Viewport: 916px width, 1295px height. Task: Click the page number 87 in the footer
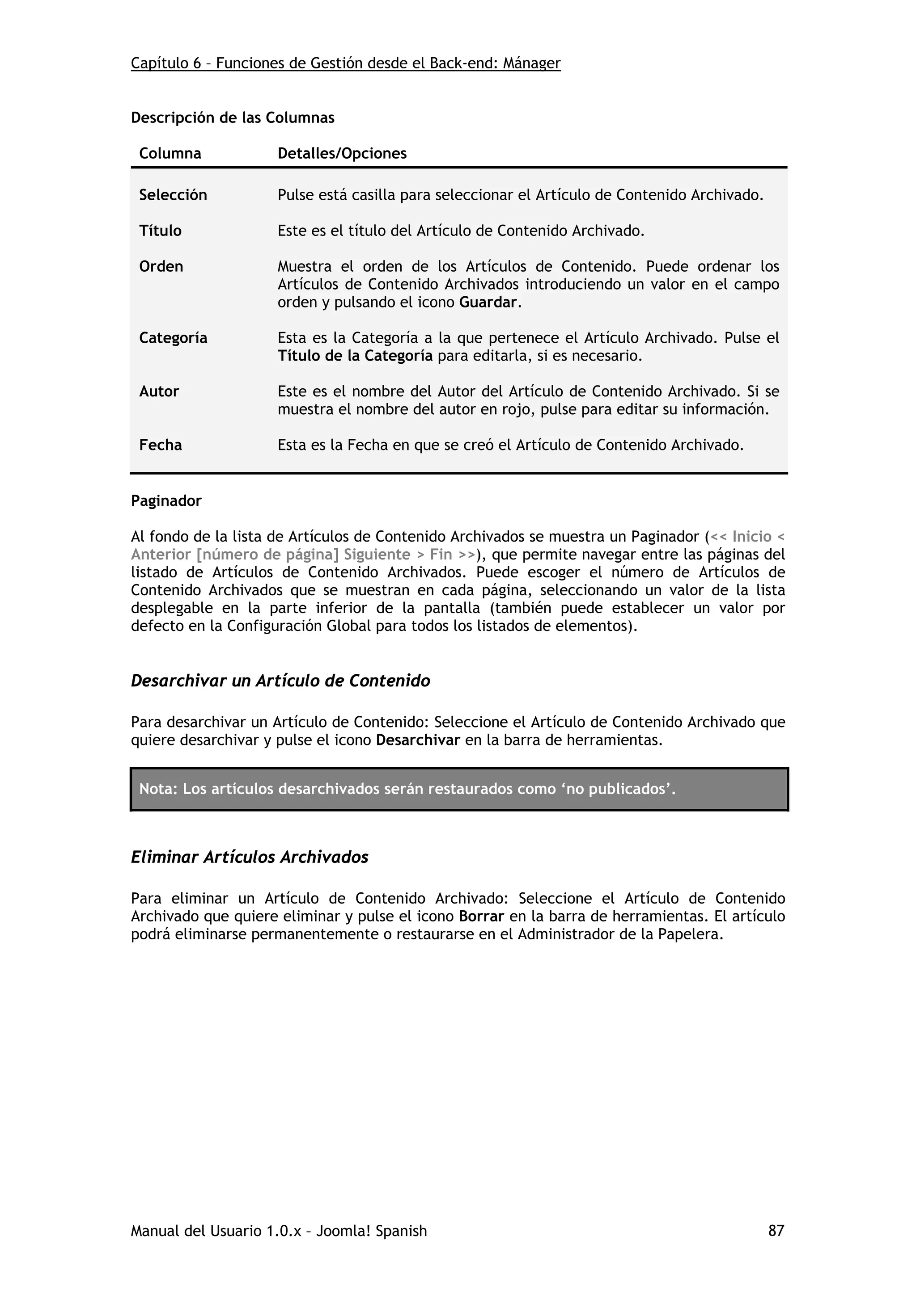pos(776,1230)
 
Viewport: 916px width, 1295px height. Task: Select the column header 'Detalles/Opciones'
pos(342,153)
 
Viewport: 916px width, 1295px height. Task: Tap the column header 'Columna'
pos(170,153)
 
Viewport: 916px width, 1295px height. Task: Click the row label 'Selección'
pos(173,195)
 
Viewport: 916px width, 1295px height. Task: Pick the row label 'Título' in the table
pos(160,231)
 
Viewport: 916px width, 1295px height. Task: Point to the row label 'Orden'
pos(161,266)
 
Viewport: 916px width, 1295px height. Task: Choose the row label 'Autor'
pos(159,391)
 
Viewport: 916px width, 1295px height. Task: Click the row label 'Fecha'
pos(160,445)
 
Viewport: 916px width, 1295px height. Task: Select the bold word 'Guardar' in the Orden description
pos(488,303)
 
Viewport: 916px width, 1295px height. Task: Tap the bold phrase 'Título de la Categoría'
pos(355,356)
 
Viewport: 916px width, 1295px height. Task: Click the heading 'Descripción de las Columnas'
pos(233,118)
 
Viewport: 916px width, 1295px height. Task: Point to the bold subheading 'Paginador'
pos(166,501)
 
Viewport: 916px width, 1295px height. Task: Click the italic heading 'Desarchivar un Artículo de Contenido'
pos(280,681)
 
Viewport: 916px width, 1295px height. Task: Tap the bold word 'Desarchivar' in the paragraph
pos(418,740)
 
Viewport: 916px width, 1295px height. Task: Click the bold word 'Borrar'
pos(481,916)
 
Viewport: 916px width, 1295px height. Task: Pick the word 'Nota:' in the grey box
pos(158,789)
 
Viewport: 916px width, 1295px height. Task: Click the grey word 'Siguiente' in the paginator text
pos(377,555)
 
